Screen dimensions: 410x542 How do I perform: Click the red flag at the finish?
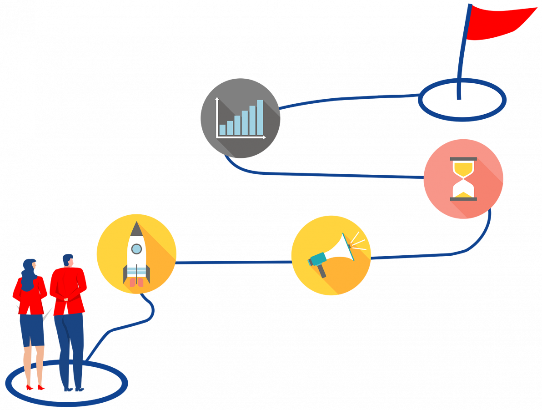(x=498, y=23)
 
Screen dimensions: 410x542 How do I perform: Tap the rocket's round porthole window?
(x=136, y=248)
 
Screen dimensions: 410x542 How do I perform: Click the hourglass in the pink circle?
(x=463, y=179)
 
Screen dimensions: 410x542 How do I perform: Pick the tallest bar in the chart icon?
(x=260, y=117)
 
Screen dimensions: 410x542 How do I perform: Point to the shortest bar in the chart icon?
(x=222, y=130)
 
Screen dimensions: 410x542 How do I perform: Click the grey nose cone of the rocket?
(x=136, y=229)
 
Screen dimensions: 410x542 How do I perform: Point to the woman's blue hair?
(x=29, y=273)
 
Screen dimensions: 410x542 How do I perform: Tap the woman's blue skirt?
(x=32, y=330)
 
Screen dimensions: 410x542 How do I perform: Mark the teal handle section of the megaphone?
(x=317, y=259)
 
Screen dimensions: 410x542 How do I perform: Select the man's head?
(x=68, y=260)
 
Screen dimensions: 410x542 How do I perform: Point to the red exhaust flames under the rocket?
(x=136, y=282)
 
